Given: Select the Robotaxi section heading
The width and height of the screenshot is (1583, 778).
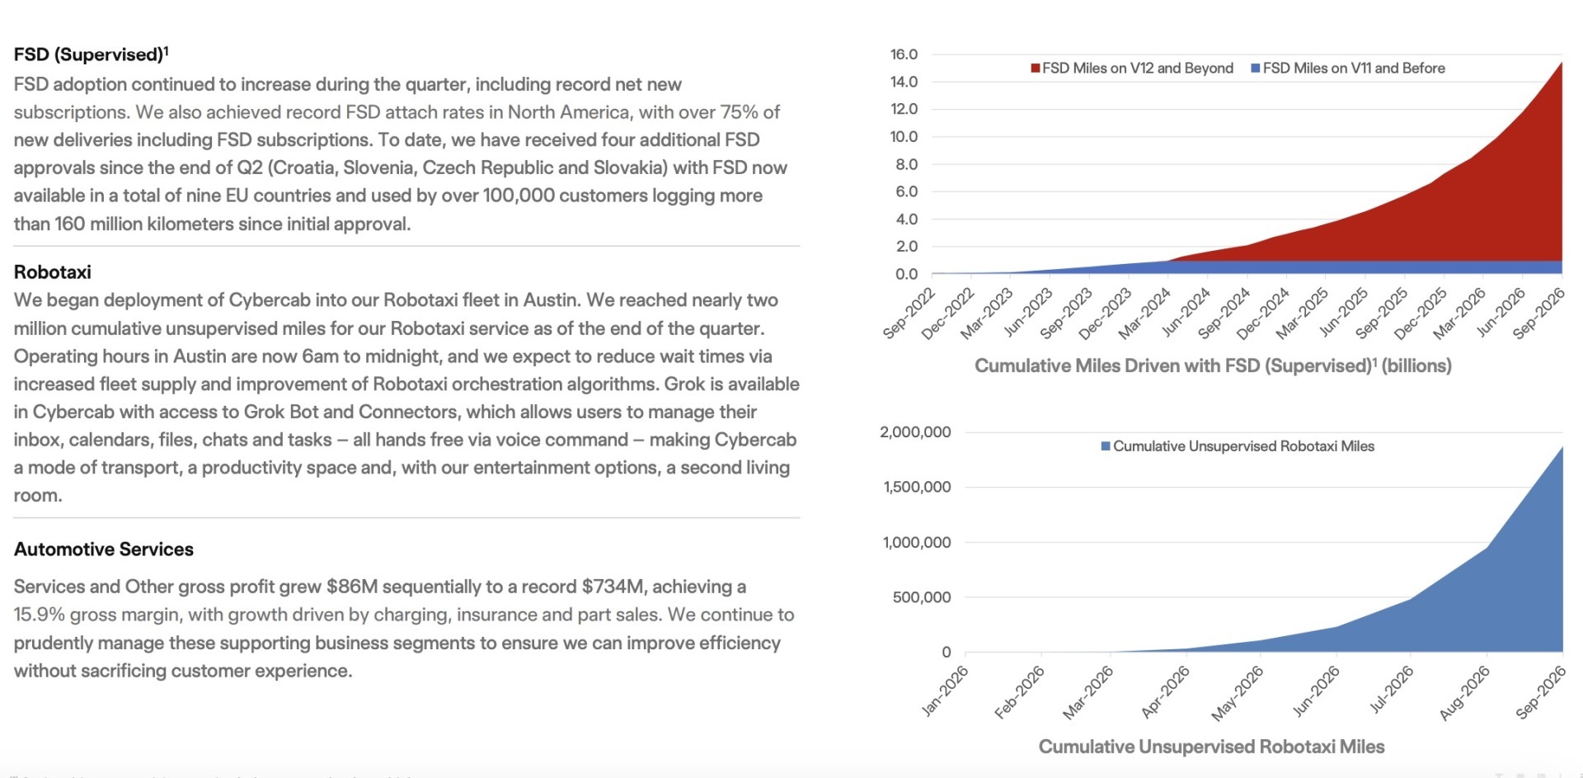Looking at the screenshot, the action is point(53,272).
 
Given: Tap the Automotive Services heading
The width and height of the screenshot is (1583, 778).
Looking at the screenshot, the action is point(104,549).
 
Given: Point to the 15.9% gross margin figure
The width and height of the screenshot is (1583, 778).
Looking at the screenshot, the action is point(39,615).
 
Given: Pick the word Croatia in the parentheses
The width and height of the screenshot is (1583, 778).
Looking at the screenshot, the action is point(300,167).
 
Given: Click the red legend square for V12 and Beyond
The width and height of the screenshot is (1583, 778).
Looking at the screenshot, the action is point(1035,68).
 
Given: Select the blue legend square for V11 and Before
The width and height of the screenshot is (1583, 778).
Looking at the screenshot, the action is point(1256,68).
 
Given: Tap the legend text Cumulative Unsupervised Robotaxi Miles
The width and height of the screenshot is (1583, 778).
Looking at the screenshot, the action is point(1243,446).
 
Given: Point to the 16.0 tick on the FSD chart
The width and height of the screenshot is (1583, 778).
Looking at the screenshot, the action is point(904,54).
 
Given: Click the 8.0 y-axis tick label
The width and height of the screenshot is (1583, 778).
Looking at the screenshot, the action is point(906,164).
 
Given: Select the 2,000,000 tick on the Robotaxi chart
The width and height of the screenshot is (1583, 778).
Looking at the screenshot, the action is point(915,432).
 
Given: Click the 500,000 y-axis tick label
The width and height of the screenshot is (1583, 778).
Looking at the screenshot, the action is point(922,597).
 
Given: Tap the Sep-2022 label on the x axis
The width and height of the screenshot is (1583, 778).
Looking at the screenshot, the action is point(909,314).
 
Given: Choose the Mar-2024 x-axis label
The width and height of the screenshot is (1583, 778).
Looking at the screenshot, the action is point(1144,314).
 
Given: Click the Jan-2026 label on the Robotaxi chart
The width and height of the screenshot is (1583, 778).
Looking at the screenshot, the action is point(945,691).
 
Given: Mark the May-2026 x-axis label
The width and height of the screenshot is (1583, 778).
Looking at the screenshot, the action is point(1237,693).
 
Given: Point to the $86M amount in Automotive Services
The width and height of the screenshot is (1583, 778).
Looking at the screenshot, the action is point(352,587).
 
